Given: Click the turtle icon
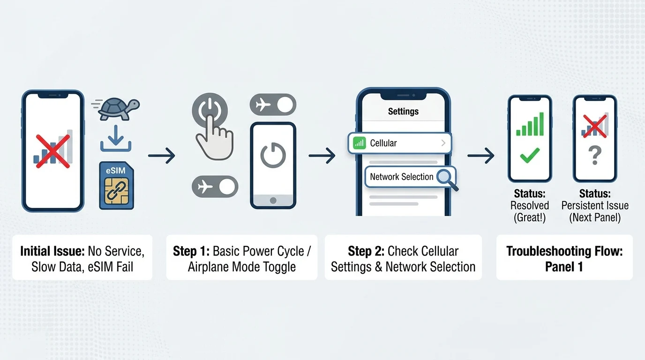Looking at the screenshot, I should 119,109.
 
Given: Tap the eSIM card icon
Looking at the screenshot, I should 116,185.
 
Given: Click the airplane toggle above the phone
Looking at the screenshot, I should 273,105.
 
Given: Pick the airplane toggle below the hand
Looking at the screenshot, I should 215,187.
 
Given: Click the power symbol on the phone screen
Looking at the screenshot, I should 273,156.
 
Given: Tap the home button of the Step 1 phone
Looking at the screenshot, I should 273,200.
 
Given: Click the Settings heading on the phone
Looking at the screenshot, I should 403,112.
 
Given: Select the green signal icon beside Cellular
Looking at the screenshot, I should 360,143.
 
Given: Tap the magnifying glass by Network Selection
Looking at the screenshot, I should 445,178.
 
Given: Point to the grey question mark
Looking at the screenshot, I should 594,155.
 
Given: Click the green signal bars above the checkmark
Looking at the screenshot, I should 530,125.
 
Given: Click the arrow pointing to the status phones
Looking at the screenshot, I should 481,156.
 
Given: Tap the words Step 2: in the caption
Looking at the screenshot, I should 366,251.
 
